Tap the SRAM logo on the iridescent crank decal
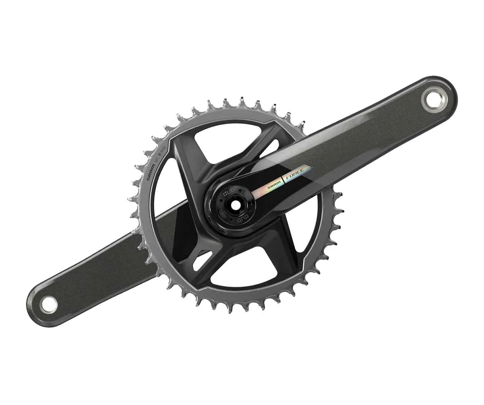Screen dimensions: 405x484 (272, 184)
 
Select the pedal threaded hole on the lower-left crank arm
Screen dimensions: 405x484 (49, 304)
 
